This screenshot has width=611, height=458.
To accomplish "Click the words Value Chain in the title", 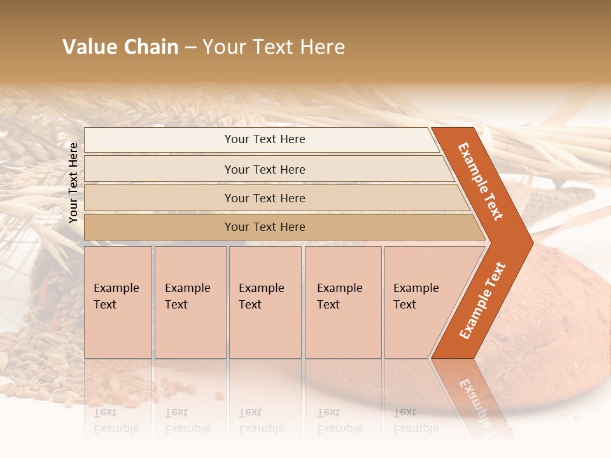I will [x=120, y=47].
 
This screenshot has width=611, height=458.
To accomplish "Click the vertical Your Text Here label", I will [x=73, y=183].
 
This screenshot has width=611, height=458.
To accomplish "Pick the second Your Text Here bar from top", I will [x=265, y=169].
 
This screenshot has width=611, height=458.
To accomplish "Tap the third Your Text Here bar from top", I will [x=265, y=198].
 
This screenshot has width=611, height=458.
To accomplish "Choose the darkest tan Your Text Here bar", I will [x=265, y=227].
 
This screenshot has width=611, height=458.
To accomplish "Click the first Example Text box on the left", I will [x=118, y=302].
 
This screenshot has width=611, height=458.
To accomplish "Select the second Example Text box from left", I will [x=190, y=302].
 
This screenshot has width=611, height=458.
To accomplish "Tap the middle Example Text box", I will [x=265, y=302].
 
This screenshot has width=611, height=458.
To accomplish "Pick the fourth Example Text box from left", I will [x=343, y=302].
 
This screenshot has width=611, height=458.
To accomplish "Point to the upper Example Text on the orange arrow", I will [x=481, y=181].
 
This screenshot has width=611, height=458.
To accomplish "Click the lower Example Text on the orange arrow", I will [x=482, y=300].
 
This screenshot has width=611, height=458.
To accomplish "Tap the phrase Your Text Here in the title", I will [x=274, y=47].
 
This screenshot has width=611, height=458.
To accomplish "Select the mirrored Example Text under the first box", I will [x=116, y=420].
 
